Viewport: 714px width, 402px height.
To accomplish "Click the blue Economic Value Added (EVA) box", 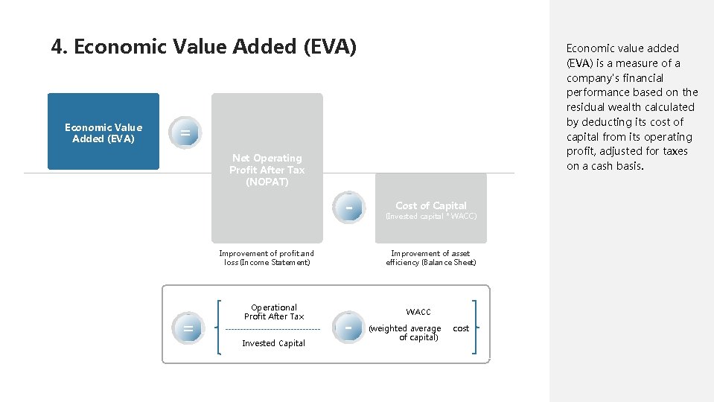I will click(x=103, y=132).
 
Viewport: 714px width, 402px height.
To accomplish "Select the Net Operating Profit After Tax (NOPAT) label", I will click(x=267, y=170).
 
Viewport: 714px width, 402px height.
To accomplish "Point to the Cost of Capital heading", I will click(x=430, y=205).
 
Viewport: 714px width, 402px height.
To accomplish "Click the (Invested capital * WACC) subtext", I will click(x=430, y=217).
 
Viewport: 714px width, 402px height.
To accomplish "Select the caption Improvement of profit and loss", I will click(x=267, y=258).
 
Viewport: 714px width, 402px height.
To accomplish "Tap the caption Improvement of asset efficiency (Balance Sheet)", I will click(x=430, y=258).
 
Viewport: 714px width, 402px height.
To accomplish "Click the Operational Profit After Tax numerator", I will click(x=273, y=312).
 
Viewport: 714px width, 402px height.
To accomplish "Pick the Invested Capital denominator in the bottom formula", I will click(x=273, y=343).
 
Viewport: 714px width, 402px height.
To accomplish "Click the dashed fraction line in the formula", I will click(x=272, y=329).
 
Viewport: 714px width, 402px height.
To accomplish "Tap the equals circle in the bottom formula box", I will click(x=188, y=328).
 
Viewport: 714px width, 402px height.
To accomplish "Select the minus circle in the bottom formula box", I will click(x=348, y=328).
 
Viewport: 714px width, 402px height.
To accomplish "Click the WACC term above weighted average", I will click(x=418, y=312).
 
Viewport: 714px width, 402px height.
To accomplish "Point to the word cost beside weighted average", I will click(x=461, y=328).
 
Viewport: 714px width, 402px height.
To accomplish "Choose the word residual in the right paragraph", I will click(x=589, y=107).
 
